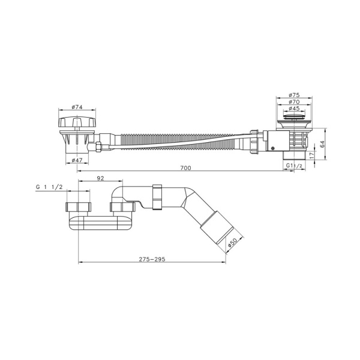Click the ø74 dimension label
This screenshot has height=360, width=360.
pos(77,107)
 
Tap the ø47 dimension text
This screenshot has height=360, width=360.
pos(77,160)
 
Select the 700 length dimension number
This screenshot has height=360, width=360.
pos(185,168)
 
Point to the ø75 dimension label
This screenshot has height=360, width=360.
pos(295,95)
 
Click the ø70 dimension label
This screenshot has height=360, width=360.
pos(295,102)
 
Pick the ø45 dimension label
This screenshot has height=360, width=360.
pos(295,109)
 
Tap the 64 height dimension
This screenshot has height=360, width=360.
pos(322,144)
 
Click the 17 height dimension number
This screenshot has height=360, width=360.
pos(311,155)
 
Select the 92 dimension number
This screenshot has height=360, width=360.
pos(100,178)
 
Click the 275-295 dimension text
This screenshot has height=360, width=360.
pos(152,259)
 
